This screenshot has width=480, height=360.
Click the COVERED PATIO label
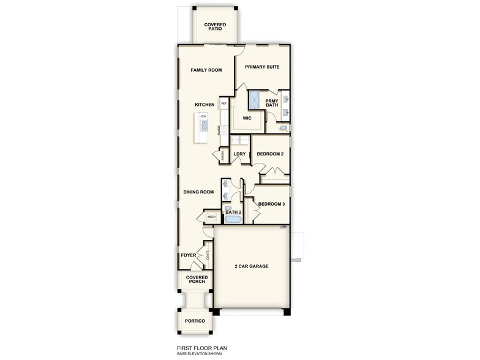(x=215, y=27)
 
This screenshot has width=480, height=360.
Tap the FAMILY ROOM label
(x=206, y=70)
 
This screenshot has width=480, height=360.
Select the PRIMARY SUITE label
(x=262, y=67)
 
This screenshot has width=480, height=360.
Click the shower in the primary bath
(x=255, y=100)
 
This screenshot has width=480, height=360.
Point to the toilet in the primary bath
(x=282, y=128)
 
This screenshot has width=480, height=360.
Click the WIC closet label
(x=247, y=118)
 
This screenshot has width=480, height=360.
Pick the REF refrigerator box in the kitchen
(x=224, y=104)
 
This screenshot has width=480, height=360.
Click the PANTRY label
(x=222, y=156)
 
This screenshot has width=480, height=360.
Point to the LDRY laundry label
(x=239, y=154)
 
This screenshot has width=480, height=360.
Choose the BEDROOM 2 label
(x=270, y=154)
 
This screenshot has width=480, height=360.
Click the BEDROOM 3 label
(x=271, y=204)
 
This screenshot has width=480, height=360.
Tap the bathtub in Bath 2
(x=233, y=219)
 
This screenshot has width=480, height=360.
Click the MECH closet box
(x=212, y=217)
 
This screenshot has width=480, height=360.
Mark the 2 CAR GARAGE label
(x=252, y=266)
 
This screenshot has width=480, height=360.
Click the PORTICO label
(x=194, y=321)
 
